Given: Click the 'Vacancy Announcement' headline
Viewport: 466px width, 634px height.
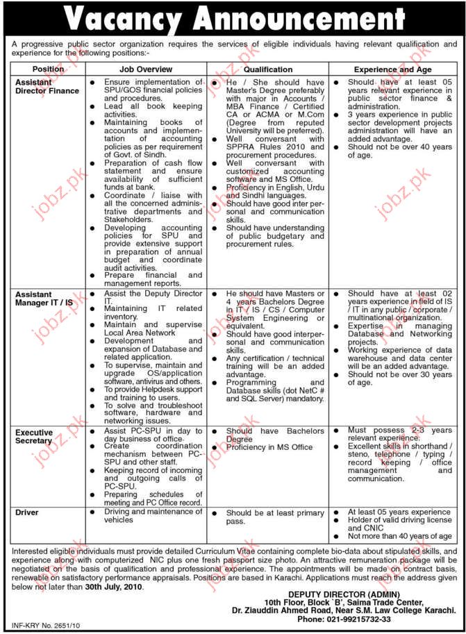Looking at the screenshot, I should click(233, 19).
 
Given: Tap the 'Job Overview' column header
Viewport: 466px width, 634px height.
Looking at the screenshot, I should click(145, 69).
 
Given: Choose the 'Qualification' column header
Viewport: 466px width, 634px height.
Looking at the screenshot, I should click(267, 69).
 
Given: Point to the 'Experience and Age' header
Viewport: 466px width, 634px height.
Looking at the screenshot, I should click(393, 69).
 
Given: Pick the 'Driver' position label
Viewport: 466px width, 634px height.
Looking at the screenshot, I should click(28, 512).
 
